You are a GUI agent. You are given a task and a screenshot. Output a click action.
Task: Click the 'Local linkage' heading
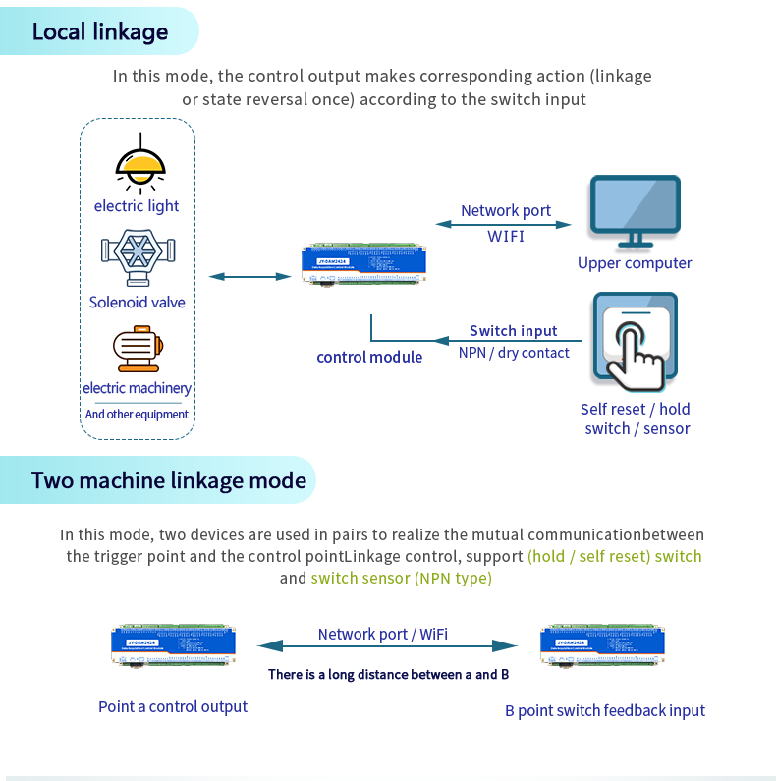click(x=100, y=31)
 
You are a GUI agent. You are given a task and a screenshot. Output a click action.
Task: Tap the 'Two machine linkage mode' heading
click(x=169, y=480)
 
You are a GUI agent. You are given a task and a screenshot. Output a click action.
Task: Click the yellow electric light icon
click(x=136, y=167)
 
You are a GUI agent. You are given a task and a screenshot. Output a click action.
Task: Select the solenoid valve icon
click(x=138, y=259)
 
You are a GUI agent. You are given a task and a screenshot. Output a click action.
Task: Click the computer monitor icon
click(x=635, y=210)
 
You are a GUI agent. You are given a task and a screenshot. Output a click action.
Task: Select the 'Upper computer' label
click(x=635, y=263)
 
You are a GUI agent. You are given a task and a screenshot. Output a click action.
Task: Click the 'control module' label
click(x=369, y=357)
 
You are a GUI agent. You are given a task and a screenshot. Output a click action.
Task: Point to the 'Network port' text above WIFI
click(x=506, y=210)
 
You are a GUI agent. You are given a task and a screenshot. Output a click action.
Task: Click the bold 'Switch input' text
click(x=514, y=331)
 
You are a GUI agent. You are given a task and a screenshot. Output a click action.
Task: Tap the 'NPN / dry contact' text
click(x=514, y=353)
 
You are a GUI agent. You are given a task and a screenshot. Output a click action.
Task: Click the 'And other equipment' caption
click(x=137, y=415)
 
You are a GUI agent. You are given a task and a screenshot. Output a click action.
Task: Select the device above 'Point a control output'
click(x=173, y=645)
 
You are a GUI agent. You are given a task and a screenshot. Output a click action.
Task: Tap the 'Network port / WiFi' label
click(x=383, y=634)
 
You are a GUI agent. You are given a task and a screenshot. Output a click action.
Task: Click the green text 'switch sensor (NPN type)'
click(x=401, y=578)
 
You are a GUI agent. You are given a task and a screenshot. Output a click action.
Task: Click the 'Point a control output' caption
click(x=173, y=706)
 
